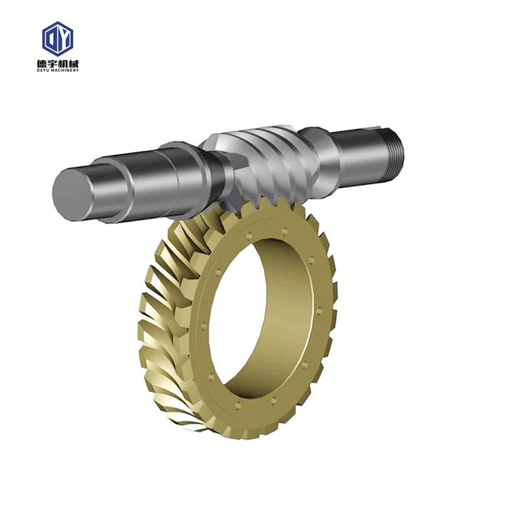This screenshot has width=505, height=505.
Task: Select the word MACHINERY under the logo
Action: point(65,69)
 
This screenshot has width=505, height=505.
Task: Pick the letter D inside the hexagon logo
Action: point(53,39)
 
